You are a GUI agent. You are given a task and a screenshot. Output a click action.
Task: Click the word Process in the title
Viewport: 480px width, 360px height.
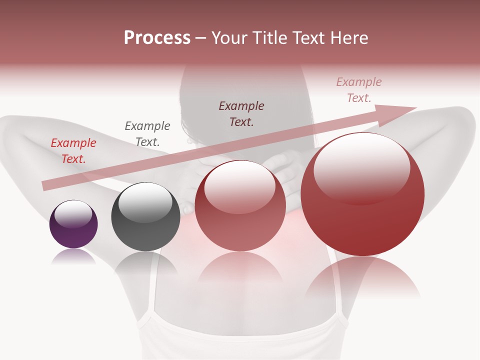157,38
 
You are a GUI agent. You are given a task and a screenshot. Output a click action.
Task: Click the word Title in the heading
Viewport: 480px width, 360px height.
270,38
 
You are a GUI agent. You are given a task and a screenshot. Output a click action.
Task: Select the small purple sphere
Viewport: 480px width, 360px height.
73,224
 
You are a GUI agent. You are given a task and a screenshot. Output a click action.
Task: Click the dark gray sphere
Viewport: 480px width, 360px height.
145,217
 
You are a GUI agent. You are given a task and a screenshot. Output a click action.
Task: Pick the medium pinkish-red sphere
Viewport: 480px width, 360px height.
240,205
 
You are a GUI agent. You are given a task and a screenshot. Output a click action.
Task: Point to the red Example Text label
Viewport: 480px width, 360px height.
73,151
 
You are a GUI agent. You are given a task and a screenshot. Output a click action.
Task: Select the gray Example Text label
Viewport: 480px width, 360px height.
147,133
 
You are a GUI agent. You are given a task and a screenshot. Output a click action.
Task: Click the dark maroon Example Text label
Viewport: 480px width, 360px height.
241,113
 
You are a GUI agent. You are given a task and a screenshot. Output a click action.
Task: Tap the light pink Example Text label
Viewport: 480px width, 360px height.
359,90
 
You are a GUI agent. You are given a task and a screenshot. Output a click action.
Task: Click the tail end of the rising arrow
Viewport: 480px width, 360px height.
46,186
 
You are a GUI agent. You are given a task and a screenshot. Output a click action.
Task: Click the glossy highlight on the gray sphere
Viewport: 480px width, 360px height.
145,202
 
